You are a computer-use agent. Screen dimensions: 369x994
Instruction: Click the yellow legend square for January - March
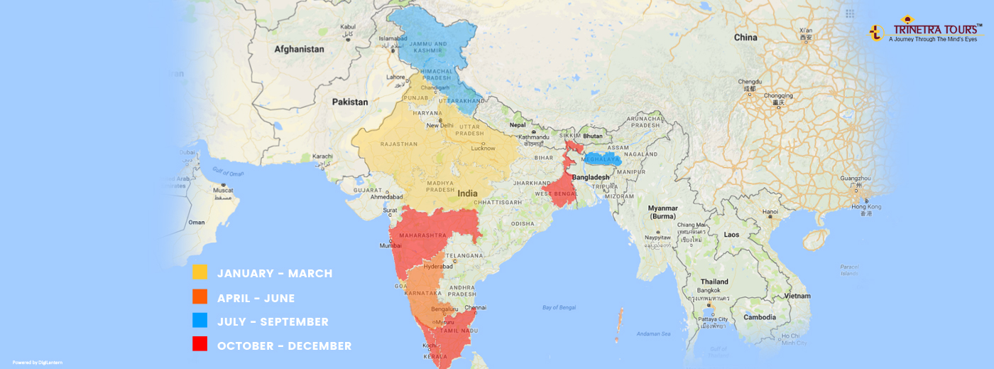(x=200, y=272)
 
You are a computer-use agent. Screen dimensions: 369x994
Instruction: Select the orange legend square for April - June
(x=200, y=296)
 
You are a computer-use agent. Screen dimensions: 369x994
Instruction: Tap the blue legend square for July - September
(x=200, y=321)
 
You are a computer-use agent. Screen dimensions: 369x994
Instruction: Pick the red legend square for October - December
(x=200, y=345)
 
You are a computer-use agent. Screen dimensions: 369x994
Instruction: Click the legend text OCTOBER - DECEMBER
(x=284, y=346)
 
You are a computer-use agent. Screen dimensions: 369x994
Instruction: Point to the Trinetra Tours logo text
(x=937, y=30)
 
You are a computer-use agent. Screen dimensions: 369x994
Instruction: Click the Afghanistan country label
(x=299, y=50)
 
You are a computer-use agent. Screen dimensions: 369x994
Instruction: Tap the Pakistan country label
(x=350, y=102)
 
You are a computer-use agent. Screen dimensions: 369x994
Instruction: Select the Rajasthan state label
(x=399, y=144)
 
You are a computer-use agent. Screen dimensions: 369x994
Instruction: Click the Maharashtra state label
(x=422, y=235)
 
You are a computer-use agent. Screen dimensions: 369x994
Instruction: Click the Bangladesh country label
(x=591, y=177)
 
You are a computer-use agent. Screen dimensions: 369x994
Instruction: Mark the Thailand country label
(x=714, y=282)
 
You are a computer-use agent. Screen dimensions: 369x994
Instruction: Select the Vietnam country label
(x=797, y=296)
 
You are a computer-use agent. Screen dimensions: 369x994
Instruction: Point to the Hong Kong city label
(x=866, y=207)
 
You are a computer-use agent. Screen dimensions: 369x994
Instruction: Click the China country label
(x=745, y=38)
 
